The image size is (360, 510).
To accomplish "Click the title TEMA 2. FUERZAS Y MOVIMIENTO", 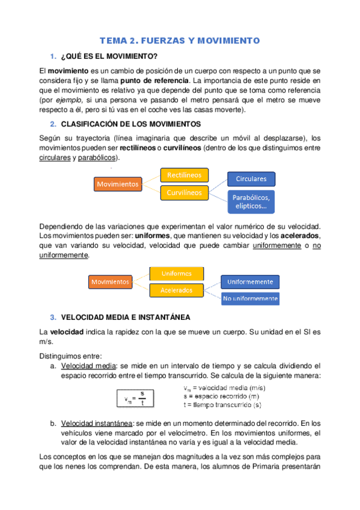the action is click(179, 41).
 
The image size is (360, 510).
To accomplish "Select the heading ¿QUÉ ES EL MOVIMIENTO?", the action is click(109, 57).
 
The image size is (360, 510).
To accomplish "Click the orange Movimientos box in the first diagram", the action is click(118, 184).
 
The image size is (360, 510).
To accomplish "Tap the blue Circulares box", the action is click(251, 179).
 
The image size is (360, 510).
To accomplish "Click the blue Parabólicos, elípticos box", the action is click(251, 202).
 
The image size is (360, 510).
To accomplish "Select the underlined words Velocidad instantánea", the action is click(94, 423).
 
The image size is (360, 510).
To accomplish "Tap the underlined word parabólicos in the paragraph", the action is click(98, 158).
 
